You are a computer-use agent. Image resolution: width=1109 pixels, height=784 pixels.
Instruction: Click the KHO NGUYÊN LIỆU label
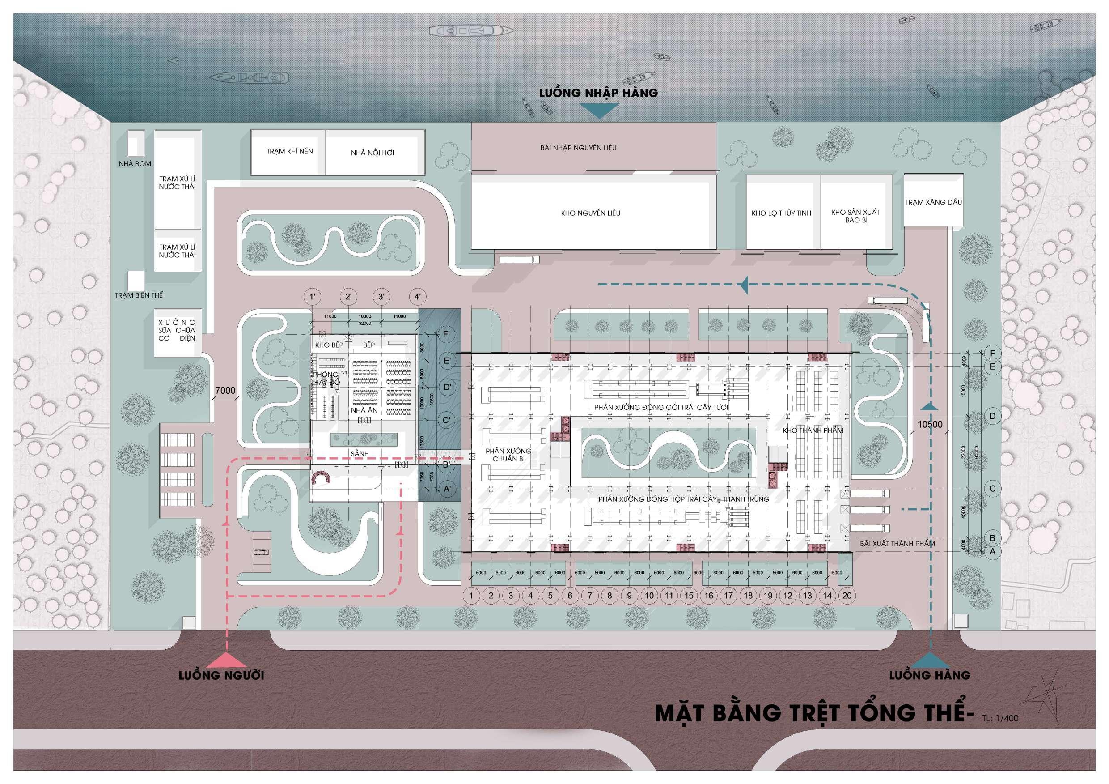click(590, 213)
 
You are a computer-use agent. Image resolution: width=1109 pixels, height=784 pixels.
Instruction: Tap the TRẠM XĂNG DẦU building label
click(933, 203)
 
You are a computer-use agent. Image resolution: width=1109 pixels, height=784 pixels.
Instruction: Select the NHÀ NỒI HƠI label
click(372, 153)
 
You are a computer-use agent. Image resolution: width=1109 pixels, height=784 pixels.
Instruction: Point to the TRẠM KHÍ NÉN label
click(290, 151)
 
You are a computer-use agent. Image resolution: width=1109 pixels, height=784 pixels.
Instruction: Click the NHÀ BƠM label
click(135, 164)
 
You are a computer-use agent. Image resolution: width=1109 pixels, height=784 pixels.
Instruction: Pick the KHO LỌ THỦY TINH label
click(781, 213)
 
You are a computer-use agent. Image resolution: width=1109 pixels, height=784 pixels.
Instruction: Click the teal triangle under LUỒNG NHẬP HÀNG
click(598, 111)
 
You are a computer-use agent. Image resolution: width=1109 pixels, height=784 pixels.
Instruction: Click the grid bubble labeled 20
click(847, 596)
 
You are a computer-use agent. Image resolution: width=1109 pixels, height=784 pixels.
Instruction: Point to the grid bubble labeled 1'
click(313, 297)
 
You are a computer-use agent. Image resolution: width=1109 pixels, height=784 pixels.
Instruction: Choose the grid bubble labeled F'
click(446, 334)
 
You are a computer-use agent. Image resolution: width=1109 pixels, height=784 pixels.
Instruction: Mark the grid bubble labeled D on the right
click(993, 416)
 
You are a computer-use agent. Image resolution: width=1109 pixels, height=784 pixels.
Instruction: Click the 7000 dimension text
click(225, 391)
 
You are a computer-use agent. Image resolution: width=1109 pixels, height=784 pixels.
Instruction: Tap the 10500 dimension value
click(930, 424)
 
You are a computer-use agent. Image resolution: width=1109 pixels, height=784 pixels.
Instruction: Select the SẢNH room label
click(360, 454)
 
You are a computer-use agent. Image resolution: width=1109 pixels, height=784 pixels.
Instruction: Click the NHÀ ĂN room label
click(364, 410)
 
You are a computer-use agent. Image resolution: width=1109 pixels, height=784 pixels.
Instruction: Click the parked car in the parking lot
click(261, 553)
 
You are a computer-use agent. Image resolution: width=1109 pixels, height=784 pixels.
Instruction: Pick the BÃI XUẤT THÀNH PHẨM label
click(897, 544)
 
